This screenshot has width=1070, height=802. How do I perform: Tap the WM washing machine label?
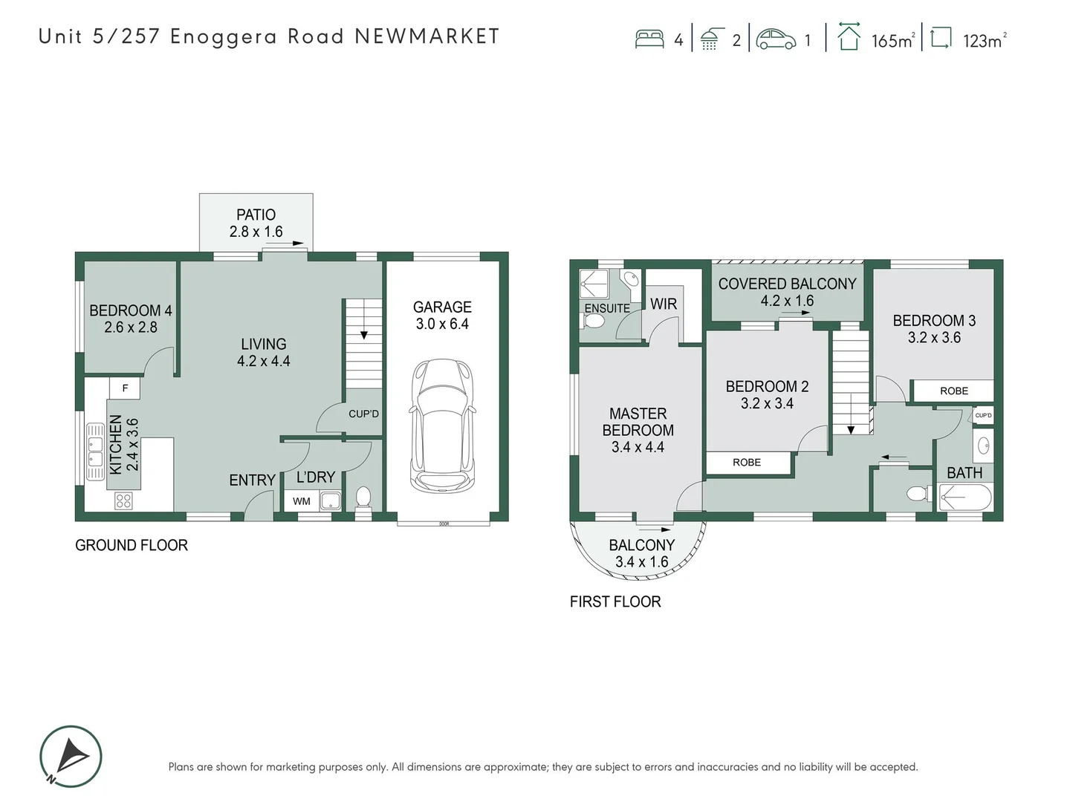pyautogui.click(x=301, y=501)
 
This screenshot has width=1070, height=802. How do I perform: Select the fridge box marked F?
pyautogui.click(x=125, y=388)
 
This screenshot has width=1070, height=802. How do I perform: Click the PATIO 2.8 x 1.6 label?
pyautogui.click(x=256, y=223)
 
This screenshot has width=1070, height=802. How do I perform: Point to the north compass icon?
pyautogui.click(x=71, y=756)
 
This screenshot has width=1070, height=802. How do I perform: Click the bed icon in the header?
pyautogui.click(x=649, y=39)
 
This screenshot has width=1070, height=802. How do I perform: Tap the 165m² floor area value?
pyautogui.click(x=892, y=41)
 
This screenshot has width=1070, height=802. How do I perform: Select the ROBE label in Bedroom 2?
pyautogui.click(x=747, y=462)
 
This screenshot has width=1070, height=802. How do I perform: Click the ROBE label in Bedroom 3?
pyautogui.click(x=953, y=391)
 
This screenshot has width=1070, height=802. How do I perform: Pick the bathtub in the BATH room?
pyautogui.click(x=964, y=497)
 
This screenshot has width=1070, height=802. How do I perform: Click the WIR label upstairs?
pyautogui.click(x=664, y=304)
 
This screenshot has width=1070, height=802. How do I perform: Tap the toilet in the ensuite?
pyautogui.click(x=594, y=322)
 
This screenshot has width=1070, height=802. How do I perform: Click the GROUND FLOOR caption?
pyautogui.click(x=132, y=545)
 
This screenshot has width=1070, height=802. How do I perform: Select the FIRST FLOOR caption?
pyautogui.click(x=615, y=601)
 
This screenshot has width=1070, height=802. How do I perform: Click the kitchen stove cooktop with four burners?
pyautogui.click(x=123, y=501)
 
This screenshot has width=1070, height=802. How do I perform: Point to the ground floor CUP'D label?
pyautogui.click(x=363, y=414)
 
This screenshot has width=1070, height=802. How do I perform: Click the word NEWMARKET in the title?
pyautogui.click(x=427, y=36)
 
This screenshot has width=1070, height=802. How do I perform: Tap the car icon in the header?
pyautogui.click(x=776, y=39)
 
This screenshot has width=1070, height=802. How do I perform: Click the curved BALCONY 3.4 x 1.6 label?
pyautogui.click(x=641, y=553)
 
